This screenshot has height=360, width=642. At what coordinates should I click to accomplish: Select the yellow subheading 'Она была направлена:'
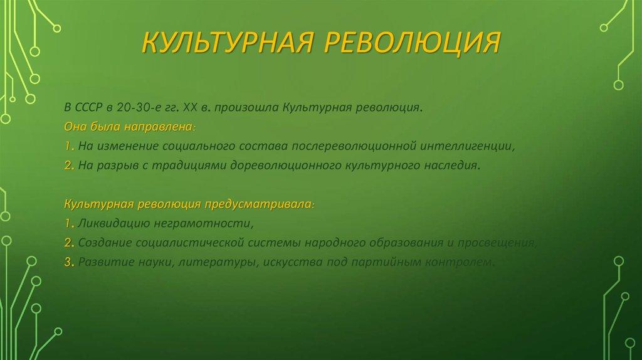(130, 127)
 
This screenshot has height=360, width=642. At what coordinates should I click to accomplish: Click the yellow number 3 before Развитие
(66, 263)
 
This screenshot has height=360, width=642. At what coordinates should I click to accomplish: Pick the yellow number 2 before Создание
(66, 243)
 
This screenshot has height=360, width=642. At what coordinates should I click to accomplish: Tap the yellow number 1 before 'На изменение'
(66, 147)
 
